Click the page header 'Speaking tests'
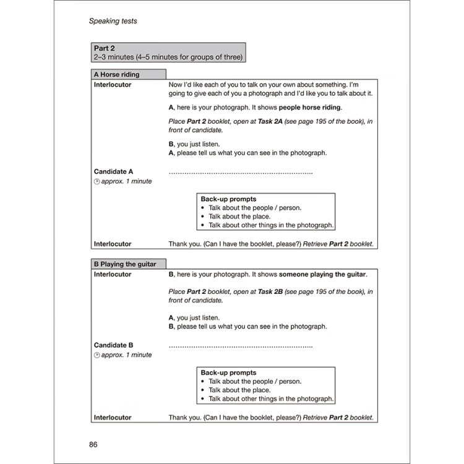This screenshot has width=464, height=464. click(x=113, y=21)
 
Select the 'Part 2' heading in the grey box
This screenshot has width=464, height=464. click(x=105, y=48)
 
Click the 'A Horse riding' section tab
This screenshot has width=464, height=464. click(x=117, y=75)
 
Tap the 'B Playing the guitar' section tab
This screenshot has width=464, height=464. click(x=125, y=264)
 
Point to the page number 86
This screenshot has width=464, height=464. click(x=93, y=444)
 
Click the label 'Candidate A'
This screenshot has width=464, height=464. click(x=114, y=171)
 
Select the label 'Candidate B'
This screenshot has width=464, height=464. click(x=114, y=345)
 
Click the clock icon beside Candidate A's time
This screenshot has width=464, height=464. click(x=97, y=182)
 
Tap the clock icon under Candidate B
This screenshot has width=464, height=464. click(x=97, y=356)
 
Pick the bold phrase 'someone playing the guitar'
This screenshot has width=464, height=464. click(x=322, y=275)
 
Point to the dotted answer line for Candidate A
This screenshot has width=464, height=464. click(x=240, y=172)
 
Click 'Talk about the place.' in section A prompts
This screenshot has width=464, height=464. click(x=239, y=217)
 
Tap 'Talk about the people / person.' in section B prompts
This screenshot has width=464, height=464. click(x=255, y=382)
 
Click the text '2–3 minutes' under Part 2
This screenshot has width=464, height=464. click(x=114, y=58)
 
